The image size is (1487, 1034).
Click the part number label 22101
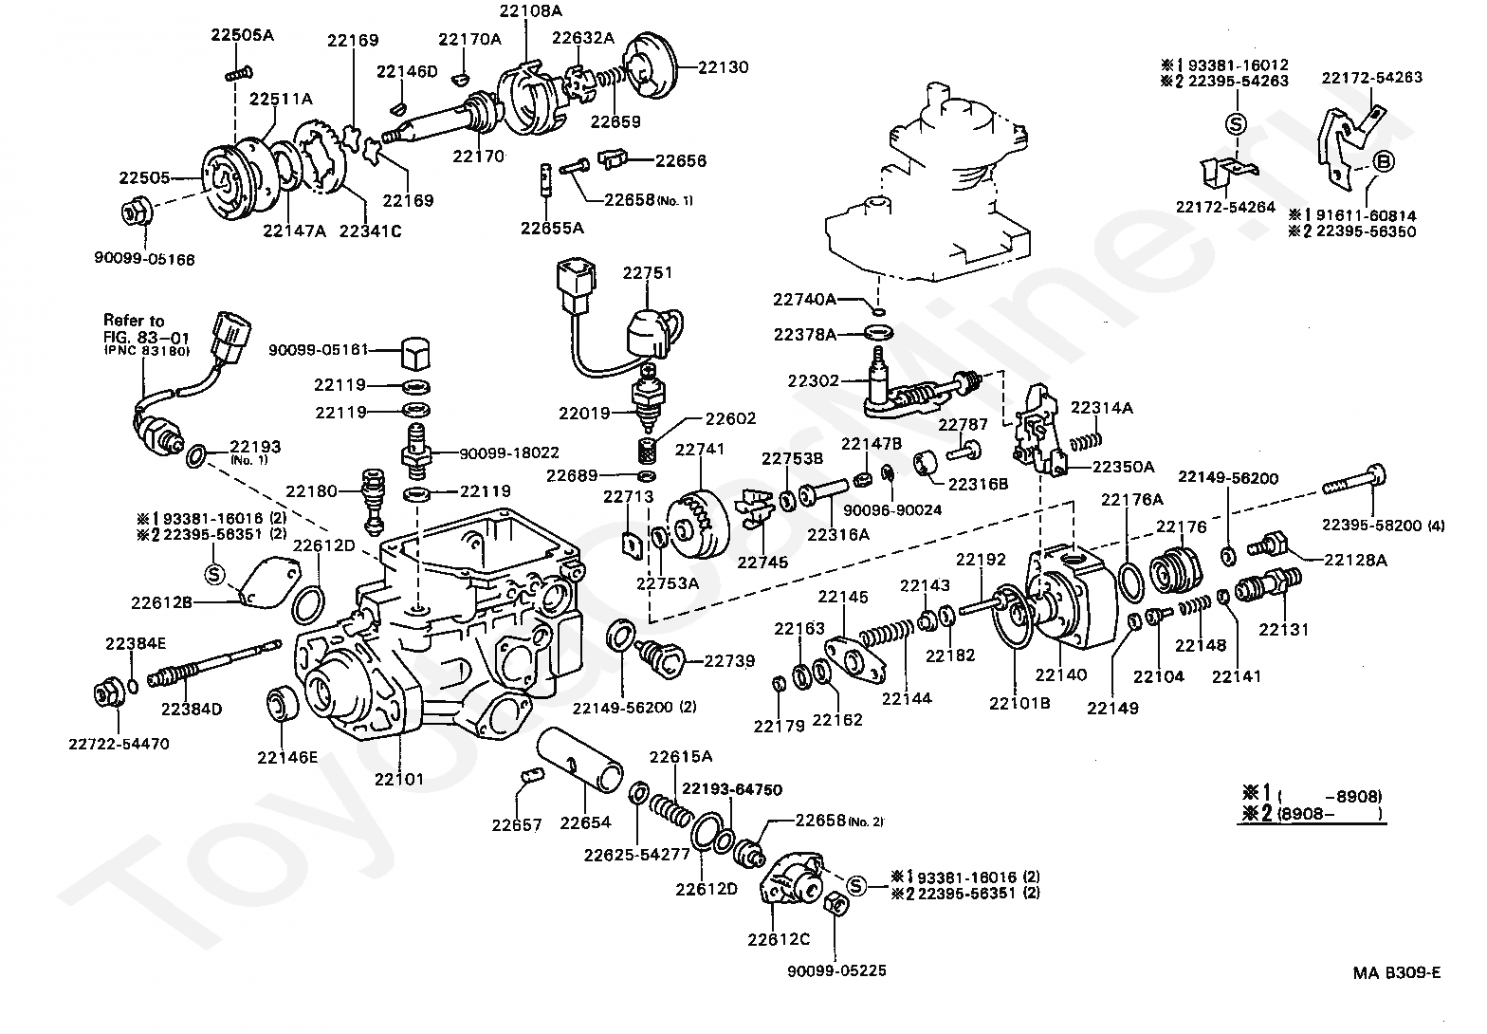coord(398,779)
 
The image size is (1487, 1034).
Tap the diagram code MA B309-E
coord(1397,971)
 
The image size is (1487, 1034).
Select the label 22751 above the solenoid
coord(648,273)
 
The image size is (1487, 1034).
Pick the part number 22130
coord(724,67)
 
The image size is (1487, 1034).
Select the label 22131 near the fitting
coord(1283,628)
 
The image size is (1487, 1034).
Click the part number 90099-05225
coord(836,970)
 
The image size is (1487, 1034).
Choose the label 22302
coord(813,381)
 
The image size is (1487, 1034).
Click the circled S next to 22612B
coord(214,573)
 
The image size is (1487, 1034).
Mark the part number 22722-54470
coord(119,744)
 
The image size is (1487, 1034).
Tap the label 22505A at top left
coord(242,35)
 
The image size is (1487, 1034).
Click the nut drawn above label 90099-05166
coord(135,212)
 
